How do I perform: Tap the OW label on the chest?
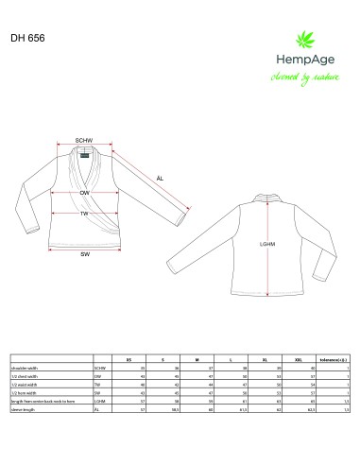pyautogui.click(x=84, y=192)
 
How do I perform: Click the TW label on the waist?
pyautogui.click(x=84, y=214)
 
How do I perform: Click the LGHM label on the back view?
pyautogui.click(x=266, y=244)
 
